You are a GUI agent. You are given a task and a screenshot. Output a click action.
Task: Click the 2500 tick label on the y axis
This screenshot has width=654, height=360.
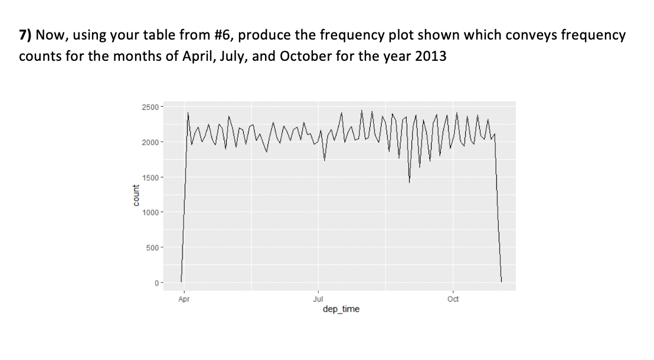(151, 107)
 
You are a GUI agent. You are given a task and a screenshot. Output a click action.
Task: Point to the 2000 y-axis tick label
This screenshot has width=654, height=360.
(151, 142)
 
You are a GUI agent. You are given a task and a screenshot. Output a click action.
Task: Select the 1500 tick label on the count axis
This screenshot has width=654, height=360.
(151, 178)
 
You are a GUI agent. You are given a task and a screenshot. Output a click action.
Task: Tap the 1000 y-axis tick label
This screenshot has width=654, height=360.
(151, 212)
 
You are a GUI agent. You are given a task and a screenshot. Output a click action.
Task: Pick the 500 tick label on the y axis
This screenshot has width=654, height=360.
(153, 247)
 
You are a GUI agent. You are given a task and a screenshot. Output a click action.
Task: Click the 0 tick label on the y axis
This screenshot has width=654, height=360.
(157, 283)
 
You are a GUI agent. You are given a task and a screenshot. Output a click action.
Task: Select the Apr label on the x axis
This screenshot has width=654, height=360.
(184, 299)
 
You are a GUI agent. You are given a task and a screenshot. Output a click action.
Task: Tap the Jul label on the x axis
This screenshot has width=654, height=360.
(318, 299)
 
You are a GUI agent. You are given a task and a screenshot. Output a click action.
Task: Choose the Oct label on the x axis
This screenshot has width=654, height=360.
(453, 299)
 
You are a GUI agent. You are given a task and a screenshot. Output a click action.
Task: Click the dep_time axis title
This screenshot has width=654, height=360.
(341, 309)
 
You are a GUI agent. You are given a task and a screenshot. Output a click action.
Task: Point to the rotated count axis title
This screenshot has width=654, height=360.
(136, 195)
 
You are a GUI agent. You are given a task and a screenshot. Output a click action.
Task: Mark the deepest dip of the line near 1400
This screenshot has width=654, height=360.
(409, 182)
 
